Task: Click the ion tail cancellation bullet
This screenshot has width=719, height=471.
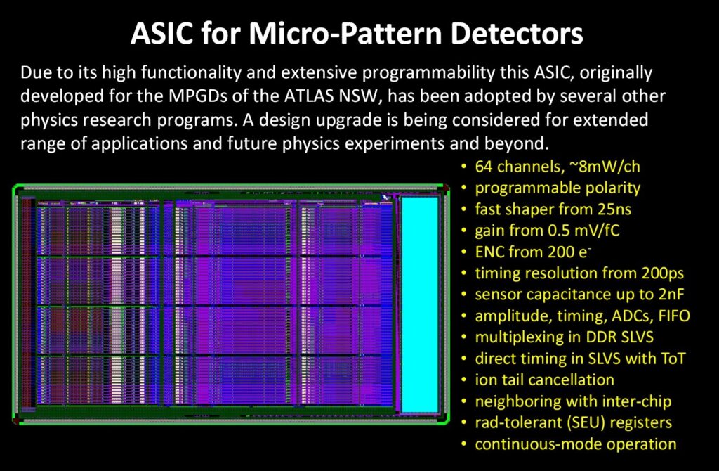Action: tap(544, 380)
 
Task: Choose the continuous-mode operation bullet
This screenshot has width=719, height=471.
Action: tap(575, 444)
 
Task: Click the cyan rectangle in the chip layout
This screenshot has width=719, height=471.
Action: tap(418, 304)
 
